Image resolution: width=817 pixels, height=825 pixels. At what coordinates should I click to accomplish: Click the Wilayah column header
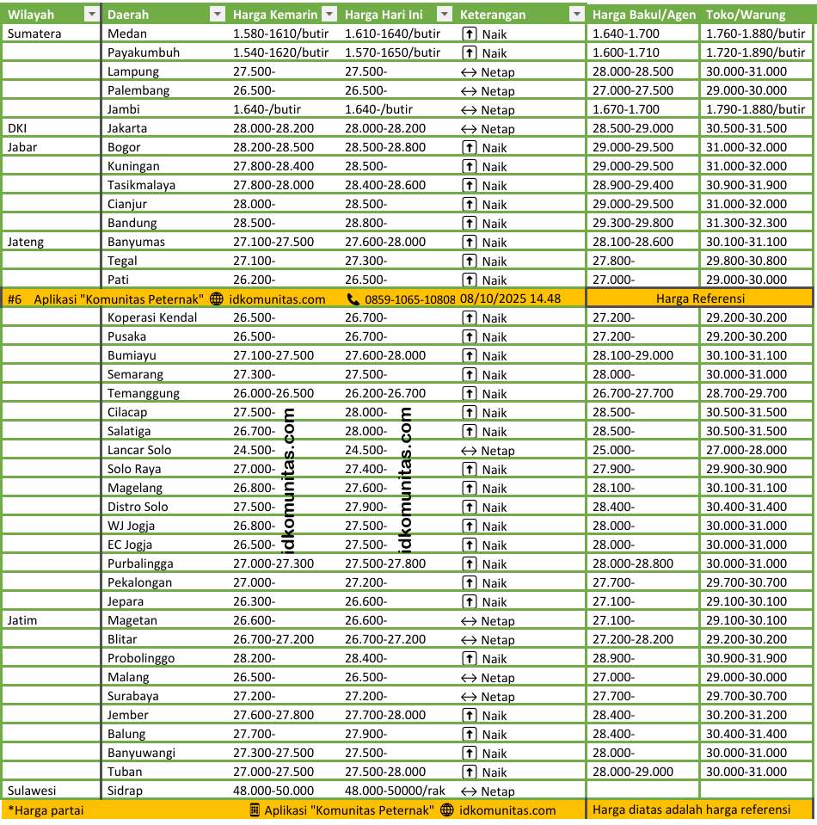[31, 15]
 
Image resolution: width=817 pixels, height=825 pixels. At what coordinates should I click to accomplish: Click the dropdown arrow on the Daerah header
[217, 15]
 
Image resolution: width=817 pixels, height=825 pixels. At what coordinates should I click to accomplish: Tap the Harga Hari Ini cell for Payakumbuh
[392, 52]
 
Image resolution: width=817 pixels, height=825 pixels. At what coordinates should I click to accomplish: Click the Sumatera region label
[33, 34]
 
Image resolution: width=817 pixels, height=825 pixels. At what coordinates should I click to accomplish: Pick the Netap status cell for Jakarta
[488, 128]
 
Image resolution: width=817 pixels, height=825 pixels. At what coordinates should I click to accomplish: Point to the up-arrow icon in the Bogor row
[469, 147]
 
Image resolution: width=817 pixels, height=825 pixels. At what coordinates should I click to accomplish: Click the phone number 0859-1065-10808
[409, 299]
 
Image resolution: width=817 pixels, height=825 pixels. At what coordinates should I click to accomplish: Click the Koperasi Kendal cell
[152, 317]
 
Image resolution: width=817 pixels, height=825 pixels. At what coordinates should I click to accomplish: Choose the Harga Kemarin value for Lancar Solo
[255, 450]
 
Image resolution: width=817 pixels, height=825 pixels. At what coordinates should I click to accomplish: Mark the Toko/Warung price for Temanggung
[746, 393]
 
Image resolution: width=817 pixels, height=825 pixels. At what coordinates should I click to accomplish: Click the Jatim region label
[22, 620]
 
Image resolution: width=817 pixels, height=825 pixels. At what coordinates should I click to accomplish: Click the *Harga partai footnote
[45, 810]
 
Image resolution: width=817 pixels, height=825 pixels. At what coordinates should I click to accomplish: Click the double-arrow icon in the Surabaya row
[469, 696]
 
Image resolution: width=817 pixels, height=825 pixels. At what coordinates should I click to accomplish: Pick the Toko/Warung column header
[739, 15]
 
